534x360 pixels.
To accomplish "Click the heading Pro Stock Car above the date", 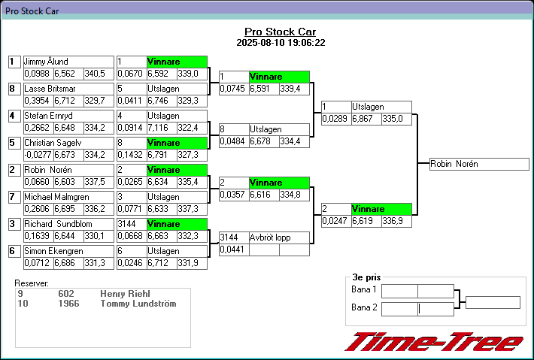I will point(280,32).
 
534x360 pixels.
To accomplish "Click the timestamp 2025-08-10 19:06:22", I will point(280,43).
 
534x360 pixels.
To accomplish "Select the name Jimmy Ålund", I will point(47,62).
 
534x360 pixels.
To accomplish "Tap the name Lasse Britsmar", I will point(50,89).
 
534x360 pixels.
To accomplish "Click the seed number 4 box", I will point(12,116).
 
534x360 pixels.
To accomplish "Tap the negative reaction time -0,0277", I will point(37,155).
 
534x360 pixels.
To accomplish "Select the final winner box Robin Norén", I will point(478,164).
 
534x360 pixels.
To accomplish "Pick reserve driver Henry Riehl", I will point(126,294).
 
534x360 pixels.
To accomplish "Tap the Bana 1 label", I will point(364,290).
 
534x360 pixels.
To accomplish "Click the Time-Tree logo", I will point(433,343).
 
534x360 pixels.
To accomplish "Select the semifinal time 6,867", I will point(364,119).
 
